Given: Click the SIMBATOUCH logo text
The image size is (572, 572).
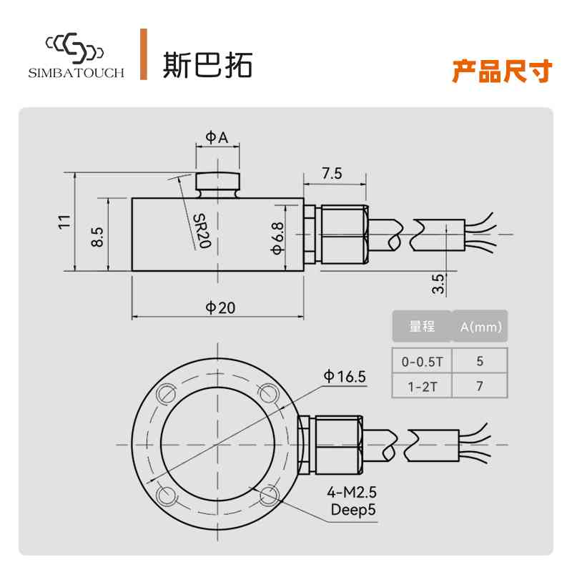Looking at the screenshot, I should click(77, 73).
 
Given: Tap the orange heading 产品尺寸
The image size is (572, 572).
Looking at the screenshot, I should click(502, 71).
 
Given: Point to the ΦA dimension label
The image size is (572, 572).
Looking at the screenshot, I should click(217, 137).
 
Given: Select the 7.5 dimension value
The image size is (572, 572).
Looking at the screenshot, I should click(332, 173).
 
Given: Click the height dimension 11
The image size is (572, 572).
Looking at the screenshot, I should click(65, 222).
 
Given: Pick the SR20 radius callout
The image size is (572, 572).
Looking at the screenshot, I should click(202, 231).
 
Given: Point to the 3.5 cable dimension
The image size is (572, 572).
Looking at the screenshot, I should click(438, 284).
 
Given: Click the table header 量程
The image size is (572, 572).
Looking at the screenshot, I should click(422, 327).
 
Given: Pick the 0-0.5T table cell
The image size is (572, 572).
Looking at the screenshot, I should click(422, 362).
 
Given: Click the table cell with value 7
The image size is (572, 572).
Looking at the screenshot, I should click(480, 387).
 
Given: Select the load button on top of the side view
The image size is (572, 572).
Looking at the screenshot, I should click(217, 182).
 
